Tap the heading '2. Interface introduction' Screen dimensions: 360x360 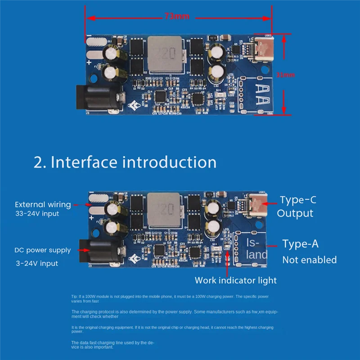click(x=125, y=162)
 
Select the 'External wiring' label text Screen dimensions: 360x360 click(x=43, y=204)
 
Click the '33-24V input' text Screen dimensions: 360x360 click(x=37, y=214)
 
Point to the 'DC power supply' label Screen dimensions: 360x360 click(x=43, y=250)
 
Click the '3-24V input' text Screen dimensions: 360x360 click(x=37, y=263)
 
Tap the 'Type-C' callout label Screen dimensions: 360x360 click(x=298, y=199)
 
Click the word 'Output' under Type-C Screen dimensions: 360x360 click(x=295, y=213)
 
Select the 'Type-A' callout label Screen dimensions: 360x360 click(x=300, y=244)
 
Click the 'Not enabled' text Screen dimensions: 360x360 click(x=309, y=260)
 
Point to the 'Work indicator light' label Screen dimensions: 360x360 click(x=235, y=280)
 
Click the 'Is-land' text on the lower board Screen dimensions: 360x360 click(x=257, y=248)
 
